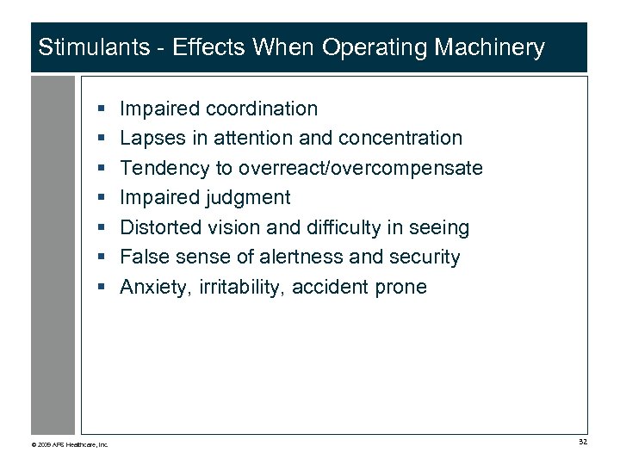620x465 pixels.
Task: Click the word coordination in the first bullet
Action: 262,108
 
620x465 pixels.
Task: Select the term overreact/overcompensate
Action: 361,168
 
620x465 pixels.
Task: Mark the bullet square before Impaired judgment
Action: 102,198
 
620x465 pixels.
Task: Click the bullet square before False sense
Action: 102,257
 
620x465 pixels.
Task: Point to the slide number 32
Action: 582,443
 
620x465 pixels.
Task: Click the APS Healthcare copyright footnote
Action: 70,444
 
